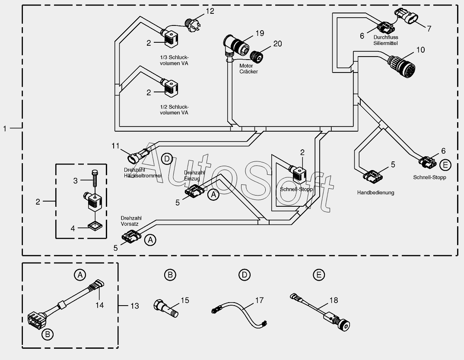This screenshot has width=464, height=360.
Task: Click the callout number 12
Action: click(210, 11)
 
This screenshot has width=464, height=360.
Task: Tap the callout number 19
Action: click(259, 33)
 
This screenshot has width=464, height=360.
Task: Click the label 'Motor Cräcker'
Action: click(248, 69)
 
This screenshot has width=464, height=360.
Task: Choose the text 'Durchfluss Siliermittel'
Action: click(385, 40)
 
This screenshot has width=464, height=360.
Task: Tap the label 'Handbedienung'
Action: click(375, 193)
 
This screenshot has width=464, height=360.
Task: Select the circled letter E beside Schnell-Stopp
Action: click(445, 164)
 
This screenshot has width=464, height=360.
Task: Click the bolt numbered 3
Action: click(95, 179)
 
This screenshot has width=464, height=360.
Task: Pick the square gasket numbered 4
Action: click(94, 225)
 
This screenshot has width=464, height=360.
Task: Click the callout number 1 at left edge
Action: click(5, 128)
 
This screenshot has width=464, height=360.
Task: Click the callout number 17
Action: click(259, 300)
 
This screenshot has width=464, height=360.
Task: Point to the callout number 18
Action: click(334, 300)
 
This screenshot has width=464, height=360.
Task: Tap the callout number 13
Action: click(135, 306)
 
